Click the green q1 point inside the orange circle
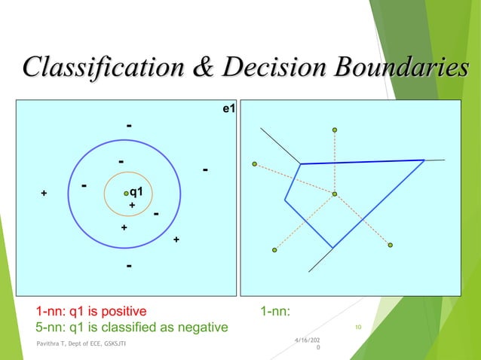click(x=127, y=194)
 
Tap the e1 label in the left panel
click(x=228, y=109)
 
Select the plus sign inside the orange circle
click(x=132, y=205)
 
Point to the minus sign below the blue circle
click(x=130, y=266)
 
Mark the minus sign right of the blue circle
click(x=205, y=170)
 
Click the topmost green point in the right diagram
click(x=335, y=130)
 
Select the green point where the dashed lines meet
click(x=335, y=194)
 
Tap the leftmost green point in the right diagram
click(x=255, y=163)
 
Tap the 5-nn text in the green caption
click(x=52, y=327)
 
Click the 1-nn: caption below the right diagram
click(x=276, y=310)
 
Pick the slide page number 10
click(x=358, y=327)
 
